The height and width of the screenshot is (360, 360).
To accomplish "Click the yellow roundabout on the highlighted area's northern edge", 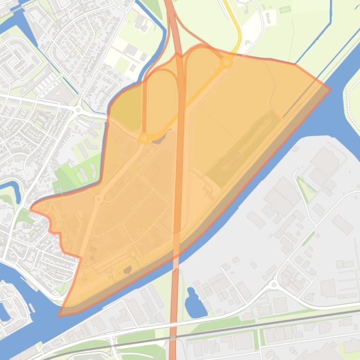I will pyautogui.click(x=227, y=62).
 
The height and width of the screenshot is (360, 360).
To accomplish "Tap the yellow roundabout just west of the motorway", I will pyautogui.click(x=144, y=138).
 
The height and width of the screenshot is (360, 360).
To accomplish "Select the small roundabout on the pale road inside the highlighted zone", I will pyautogui.click(x=99, y=199).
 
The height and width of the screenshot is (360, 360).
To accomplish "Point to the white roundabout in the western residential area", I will pyautogui.click(x=77, y=110).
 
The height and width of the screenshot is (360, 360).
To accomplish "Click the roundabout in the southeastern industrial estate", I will pyautogui.click(x=274, y=284).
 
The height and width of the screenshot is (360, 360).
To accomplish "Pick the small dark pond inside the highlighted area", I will pyautogui.click(x=127, y=270).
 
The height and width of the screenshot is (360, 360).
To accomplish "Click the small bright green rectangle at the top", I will pyautogui.click(x=285, y=10).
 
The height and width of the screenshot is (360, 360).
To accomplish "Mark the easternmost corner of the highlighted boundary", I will pyautogui.click(x=330, y=89).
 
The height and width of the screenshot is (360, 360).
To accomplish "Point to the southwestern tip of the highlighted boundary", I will pyautogui.click(x=59, y=315).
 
